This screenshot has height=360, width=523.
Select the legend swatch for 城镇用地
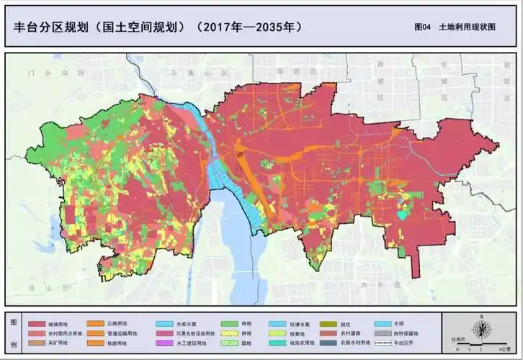37,324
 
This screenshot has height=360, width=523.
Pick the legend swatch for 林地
231,324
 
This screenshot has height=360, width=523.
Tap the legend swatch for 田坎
329,324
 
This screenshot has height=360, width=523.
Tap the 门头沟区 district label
54,73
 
